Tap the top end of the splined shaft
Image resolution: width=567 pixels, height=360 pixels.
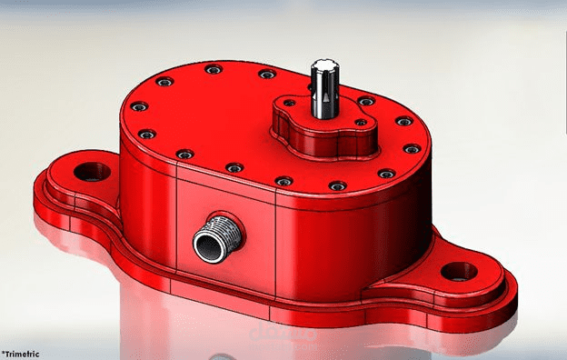click(324, 65)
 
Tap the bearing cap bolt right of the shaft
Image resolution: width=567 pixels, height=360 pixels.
click(362, 122)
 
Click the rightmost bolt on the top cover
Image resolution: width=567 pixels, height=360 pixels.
click(412, 148)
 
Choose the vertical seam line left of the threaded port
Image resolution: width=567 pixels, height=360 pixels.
click(175, 227)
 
